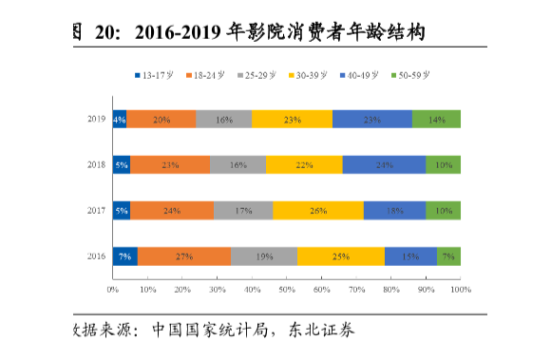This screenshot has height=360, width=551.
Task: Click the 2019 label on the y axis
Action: [x=96, y=119]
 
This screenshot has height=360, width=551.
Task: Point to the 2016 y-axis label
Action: [x=96, y=256]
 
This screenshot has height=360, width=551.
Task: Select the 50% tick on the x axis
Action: [x=287, y=288]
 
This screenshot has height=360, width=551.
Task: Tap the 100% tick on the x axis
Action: [x=460, y=288]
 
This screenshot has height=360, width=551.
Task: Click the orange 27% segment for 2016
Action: [x=184, y=256]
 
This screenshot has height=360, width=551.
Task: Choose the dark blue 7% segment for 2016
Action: [x=124, y=256]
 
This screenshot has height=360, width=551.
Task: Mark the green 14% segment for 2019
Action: [x=436, y=119]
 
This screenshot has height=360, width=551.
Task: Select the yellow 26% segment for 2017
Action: [x=318, y=211]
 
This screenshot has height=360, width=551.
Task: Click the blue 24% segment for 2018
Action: [x=384, y=164]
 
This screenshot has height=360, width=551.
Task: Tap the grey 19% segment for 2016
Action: [x=264, y=256]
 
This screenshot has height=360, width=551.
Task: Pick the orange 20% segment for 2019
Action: [x=161, y=119]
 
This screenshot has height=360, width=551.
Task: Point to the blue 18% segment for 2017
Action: [x=394, y=211]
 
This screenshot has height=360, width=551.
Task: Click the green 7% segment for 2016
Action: [x=448, y=256]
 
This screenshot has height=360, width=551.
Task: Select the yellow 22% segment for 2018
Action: [x=304, y=164]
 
